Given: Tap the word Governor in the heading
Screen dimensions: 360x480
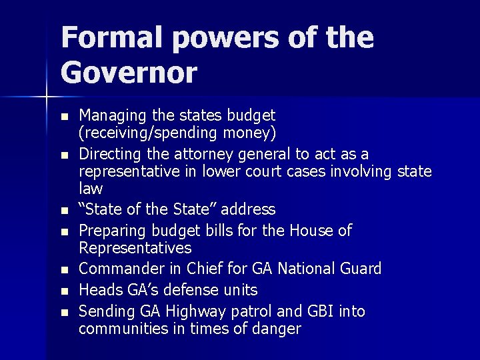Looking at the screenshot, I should [x=129, y=72].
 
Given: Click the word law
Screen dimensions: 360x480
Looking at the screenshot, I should [x=91, y=189].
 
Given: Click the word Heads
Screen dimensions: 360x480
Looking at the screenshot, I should [x=98, y=290].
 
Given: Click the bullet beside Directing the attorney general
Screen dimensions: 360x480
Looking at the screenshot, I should [x=64, y=155].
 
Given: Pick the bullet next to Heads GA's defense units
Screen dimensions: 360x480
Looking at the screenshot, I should [x=64, y=291].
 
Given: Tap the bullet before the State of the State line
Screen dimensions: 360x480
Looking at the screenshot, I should [x=64, y=211].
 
